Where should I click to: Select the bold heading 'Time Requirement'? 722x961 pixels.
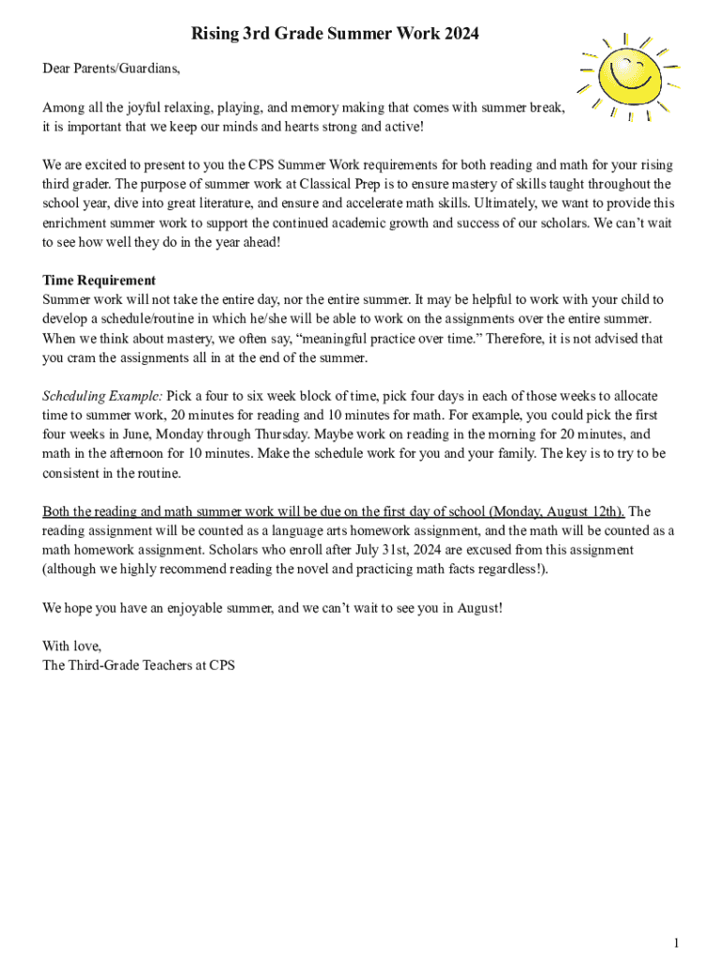click(99, 280)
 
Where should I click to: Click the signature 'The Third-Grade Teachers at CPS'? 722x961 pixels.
click(139, 665)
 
